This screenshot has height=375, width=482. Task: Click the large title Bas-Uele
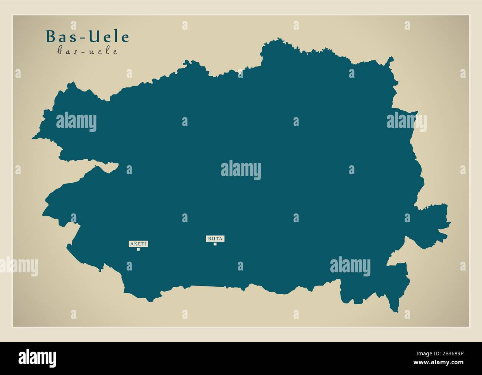pyautogui.click(x=88, y=37)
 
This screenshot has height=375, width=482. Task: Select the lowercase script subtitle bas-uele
pyautogui.click(x=88, y=52)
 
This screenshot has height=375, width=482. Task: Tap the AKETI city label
pyautogui.click(x=138, y=244)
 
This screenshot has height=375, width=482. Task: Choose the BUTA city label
pyautogui.click(x=215, y=239)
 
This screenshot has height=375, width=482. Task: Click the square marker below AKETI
pyautogui.click(x=138, y=249)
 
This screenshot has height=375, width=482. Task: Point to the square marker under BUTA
pyautogui.click(x=215, y=244)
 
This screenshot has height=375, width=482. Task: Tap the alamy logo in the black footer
pyautogui.click(x=38, y=358)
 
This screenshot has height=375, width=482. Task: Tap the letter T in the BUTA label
pyautogui.click(x=217, y=239)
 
